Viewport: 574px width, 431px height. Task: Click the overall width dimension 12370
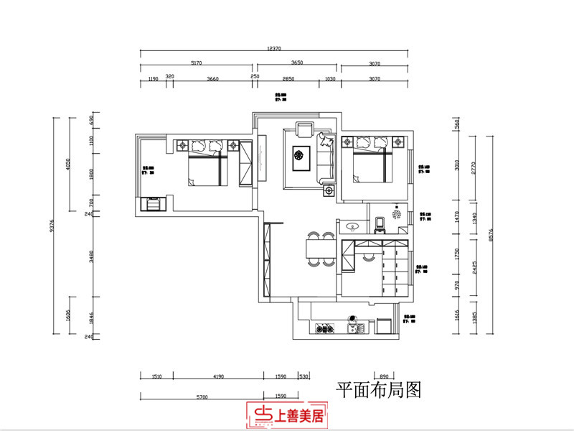[x=273, y=48]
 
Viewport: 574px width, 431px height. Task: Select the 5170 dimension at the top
[x=196, y=62]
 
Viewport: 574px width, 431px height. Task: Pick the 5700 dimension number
[x=202, y=397]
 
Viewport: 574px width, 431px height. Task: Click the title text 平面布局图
[x=377, y=390]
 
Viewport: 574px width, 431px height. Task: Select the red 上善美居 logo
[x=286, y=413]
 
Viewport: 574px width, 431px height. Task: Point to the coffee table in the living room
[x=299, y=153]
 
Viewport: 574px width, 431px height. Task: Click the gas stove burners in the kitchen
[x=324, y=330]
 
